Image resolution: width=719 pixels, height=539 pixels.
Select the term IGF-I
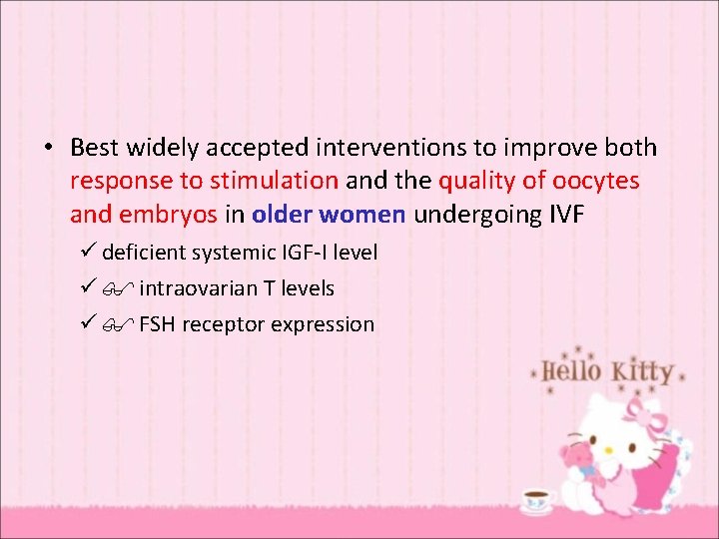(x=299, y=253)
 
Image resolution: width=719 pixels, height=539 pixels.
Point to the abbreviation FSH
(x=157, y=324)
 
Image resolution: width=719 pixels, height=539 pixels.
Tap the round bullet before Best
(x=47, y=149)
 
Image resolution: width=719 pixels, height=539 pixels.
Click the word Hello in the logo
(x=571, y=371)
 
